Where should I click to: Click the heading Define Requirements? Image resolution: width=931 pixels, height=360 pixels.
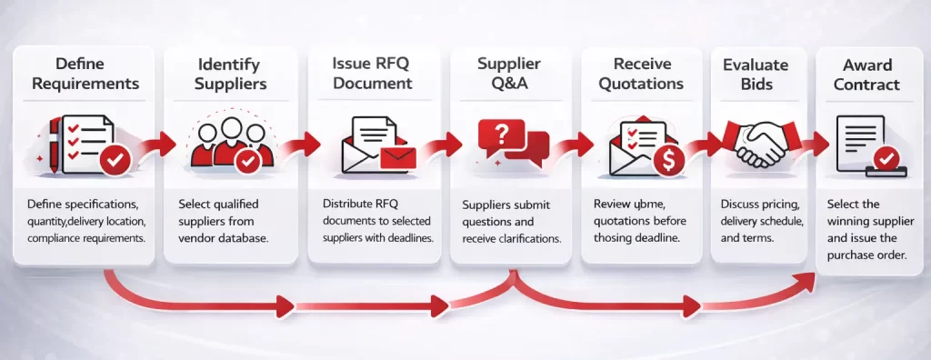pos(83,74)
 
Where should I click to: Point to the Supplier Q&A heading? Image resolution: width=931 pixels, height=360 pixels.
pos(510,74)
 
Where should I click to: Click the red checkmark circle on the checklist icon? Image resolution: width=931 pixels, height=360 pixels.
pos(116,162)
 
